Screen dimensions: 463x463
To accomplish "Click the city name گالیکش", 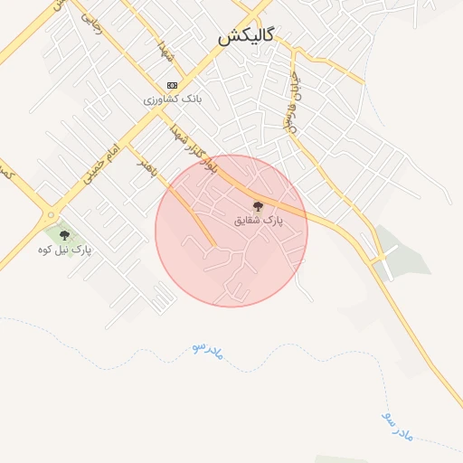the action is tap(245, 37).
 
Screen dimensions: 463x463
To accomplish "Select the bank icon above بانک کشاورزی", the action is tap(172, 85).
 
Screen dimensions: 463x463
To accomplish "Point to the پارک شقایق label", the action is tap(259, 220).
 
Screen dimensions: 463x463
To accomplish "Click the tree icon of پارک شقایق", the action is tap(259, 206).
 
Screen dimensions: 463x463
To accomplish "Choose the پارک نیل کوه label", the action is tap(65, 248).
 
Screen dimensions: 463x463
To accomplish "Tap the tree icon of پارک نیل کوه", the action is tap(63, 235).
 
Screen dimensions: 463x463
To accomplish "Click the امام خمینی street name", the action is tap(100, 163).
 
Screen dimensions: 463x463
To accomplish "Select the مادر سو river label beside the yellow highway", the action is tap(398, 426).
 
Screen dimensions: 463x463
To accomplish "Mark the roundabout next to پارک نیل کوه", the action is tap(46, 215).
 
